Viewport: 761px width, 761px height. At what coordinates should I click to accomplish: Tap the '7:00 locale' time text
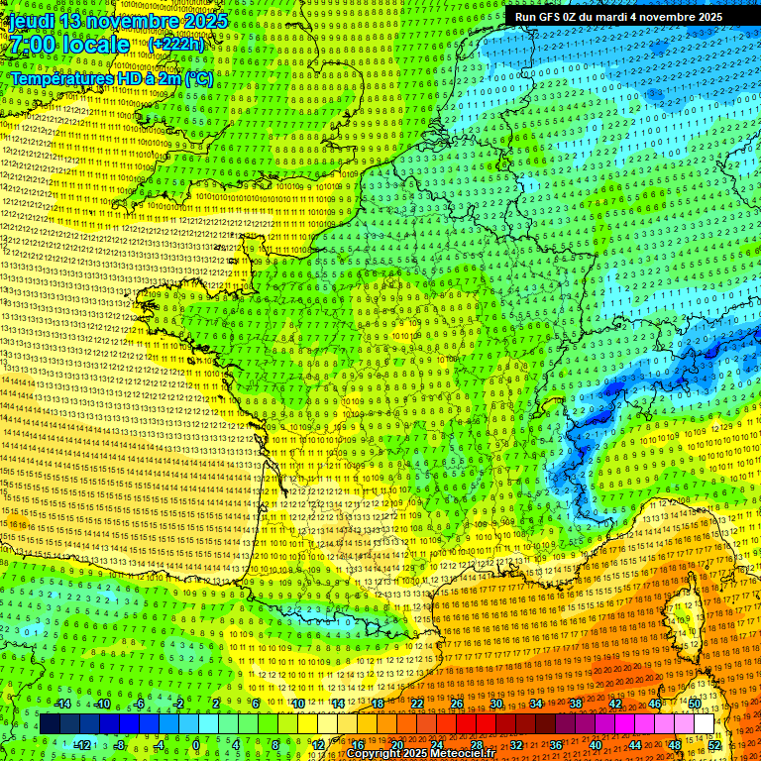pos(68,45)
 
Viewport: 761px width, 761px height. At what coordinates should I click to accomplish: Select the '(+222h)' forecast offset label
pos(175,44)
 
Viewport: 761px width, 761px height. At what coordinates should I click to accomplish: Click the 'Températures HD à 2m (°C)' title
pos(111,77)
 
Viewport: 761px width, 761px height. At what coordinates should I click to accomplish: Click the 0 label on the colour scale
pos(196,744)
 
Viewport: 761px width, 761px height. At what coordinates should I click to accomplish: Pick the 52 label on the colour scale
pos(714,744)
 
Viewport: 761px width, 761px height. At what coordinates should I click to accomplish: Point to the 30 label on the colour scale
pos(496,704)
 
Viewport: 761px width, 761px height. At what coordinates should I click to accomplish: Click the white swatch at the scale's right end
pos(704,724)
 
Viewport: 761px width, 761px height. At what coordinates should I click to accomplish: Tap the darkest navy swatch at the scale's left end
pos(50,724)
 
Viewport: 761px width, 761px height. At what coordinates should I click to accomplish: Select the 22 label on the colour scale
pos(417,704)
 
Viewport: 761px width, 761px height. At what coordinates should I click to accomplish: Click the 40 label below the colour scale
pos(596,744)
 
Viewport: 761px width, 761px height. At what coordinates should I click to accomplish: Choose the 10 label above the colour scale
pos(297,704)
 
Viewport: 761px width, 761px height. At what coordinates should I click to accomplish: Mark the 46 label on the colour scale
pos(655,704)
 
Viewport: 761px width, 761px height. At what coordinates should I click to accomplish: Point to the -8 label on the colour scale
pos(118,744)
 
